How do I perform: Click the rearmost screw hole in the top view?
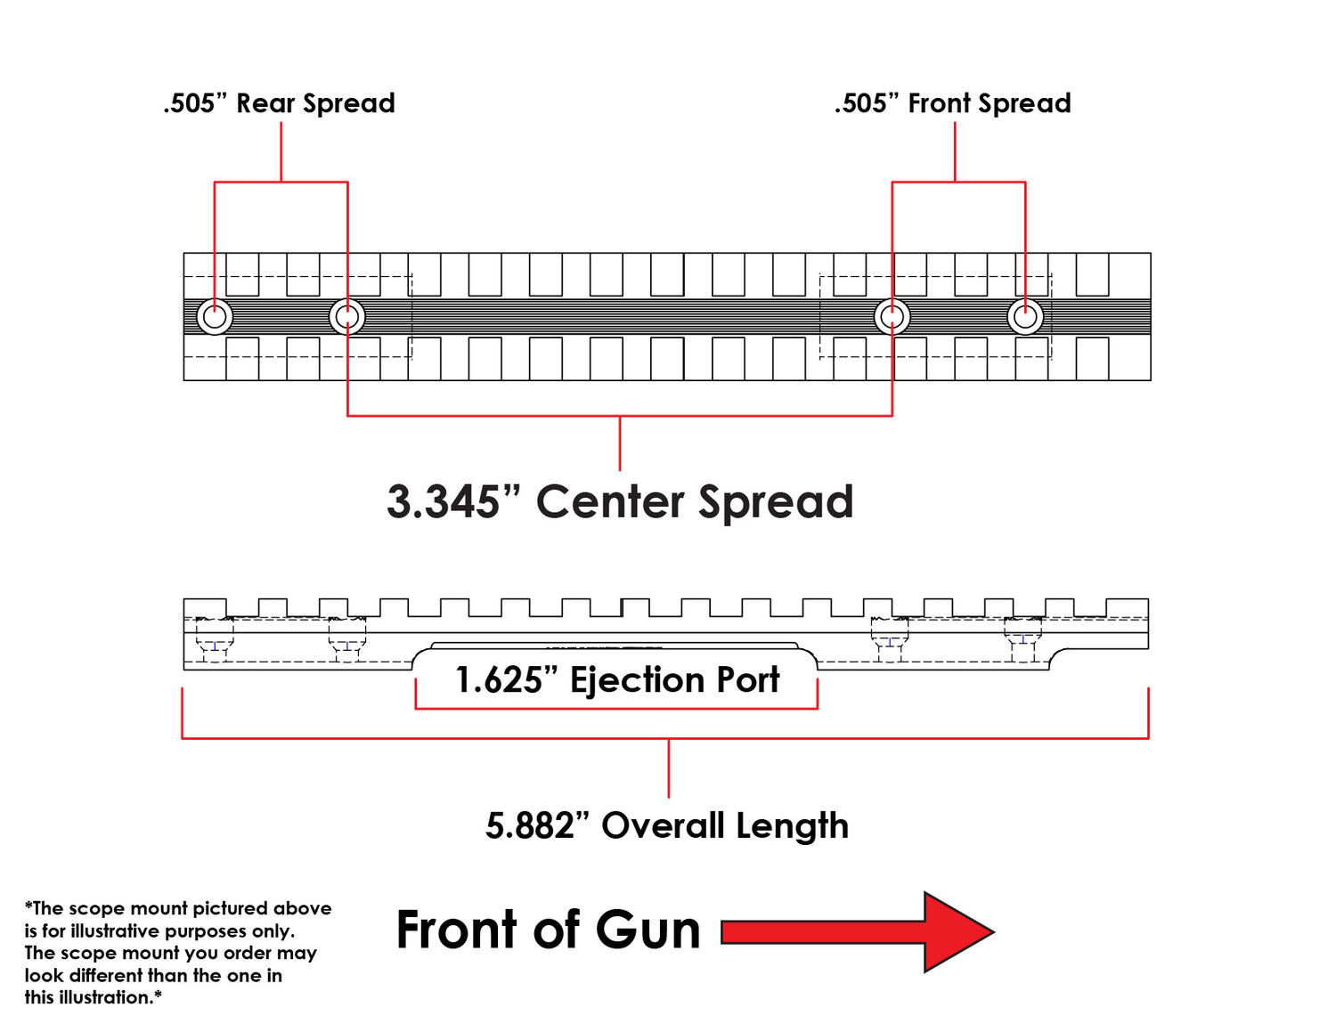coord(215,317)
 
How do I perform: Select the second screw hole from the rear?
coord(347,317)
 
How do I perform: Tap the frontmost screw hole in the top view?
coord(1025,317)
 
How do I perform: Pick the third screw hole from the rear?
coord(892,317)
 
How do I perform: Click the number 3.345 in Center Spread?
coord(444,501)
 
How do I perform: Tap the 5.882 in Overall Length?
coord(529,825)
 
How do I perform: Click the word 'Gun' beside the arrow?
coord(648,930)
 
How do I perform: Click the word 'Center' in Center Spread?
coord(610,501)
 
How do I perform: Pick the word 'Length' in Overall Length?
coord(793,826)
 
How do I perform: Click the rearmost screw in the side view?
coord(215,639)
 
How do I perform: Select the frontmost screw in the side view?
coord(1022,639)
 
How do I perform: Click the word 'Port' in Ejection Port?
coord(748,680)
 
